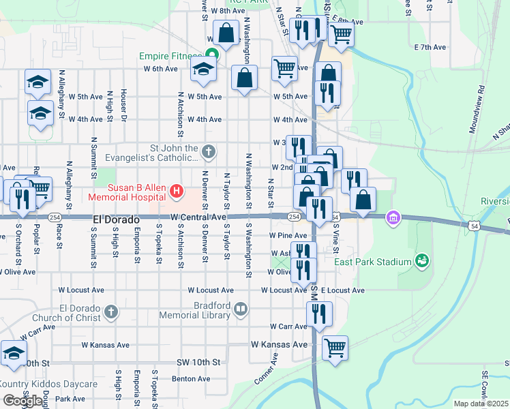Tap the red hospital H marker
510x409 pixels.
point(177,192)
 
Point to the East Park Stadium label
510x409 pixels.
point(372,262)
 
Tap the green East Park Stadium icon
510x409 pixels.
point(423,260)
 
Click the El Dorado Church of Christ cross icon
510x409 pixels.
point(112,312)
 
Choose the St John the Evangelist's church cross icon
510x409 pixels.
point(209,152)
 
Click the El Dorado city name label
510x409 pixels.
point(116,221)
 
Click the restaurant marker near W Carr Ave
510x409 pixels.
point(318,314)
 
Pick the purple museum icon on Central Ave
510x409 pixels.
point(392,219)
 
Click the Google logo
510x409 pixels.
point(22,401)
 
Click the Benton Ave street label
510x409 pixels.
point(190,378)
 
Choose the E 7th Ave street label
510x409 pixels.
point(430,47)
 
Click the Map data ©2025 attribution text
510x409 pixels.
point(481,404)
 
